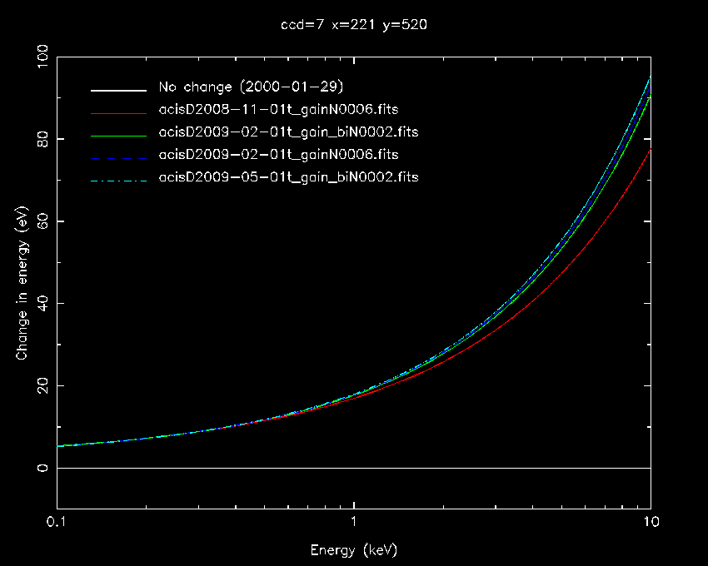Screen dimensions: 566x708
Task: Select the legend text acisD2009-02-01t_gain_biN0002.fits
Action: [x=288, y=132]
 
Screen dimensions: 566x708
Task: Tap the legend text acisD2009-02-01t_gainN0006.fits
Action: [x=278, y=155]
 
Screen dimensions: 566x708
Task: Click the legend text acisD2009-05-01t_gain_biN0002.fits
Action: [x=288, y=177]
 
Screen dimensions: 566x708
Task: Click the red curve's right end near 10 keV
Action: [x=649, y=151]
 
